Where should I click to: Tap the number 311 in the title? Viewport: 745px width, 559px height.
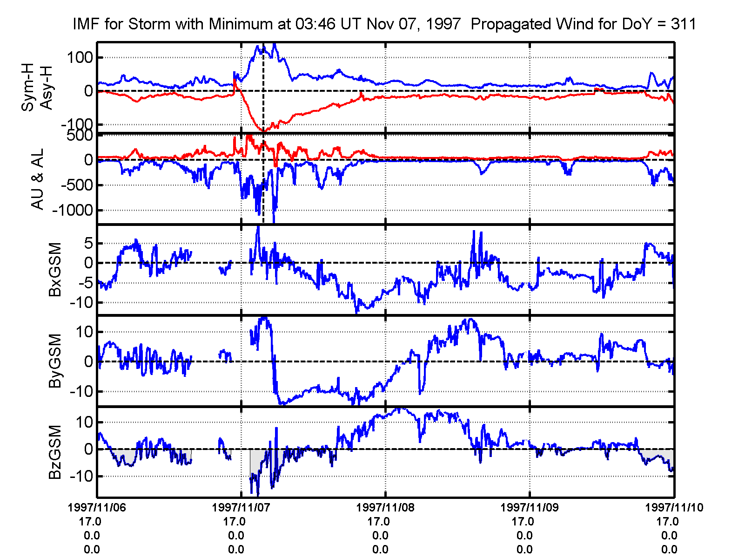click(683, 24)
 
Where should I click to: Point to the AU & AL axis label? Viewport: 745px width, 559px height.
click(37, 179)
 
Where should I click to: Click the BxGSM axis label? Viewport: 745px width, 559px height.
click(55, 270)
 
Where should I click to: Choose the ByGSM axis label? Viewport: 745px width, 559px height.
click(55, 361)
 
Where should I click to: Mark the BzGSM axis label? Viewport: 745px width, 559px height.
click(55, 452)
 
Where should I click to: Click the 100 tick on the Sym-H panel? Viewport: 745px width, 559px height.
click(80, 58)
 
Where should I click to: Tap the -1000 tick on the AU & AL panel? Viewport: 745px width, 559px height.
click(73, 210)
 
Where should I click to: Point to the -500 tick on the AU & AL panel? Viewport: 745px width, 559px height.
click(77, 185)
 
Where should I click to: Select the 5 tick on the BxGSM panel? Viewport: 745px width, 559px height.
click(88, 243)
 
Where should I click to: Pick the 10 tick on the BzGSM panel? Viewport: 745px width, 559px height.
click(84, 423)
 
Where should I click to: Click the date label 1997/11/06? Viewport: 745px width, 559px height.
click(97, 507)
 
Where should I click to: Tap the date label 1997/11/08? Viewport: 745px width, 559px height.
click(385, 507)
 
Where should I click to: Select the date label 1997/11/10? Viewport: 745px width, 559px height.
click(674, 507)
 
